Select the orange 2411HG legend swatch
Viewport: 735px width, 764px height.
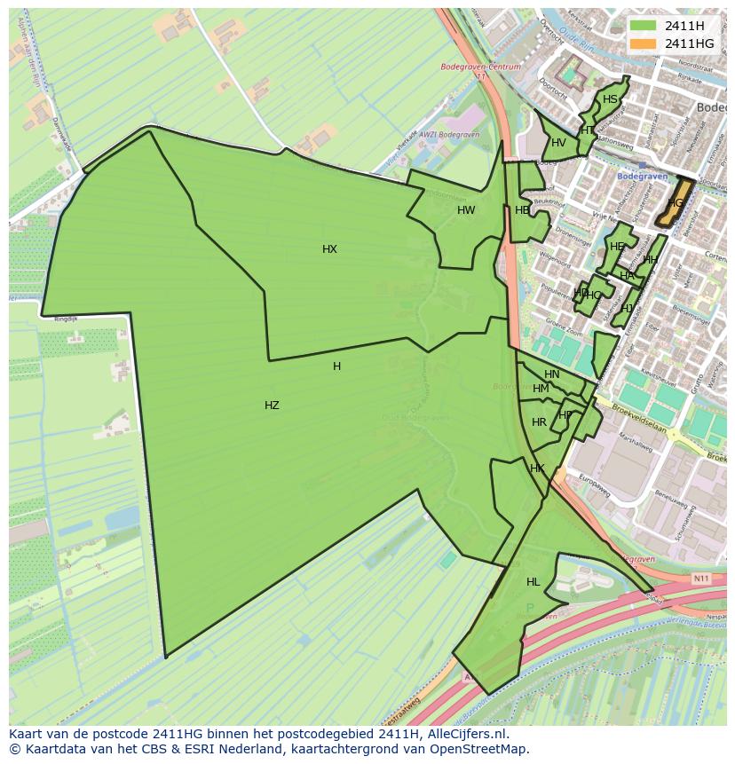pos(643,43)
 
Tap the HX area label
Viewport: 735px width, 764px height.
pos(329,249)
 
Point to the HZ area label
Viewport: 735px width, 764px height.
pos(272,406)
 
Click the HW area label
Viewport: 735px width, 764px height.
pos(466,210)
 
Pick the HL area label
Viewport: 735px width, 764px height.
pos(533,582)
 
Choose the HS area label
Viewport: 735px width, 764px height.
pos(610,99)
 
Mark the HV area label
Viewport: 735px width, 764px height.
pos(558,143)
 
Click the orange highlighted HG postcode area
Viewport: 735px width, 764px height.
pos(676,202)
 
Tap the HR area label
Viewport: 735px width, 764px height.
pos(539,422)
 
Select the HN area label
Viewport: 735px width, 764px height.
pos(552,374)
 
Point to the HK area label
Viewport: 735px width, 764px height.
pos(537,469)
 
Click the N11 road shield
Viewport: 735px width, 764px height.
pos(701,579)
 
